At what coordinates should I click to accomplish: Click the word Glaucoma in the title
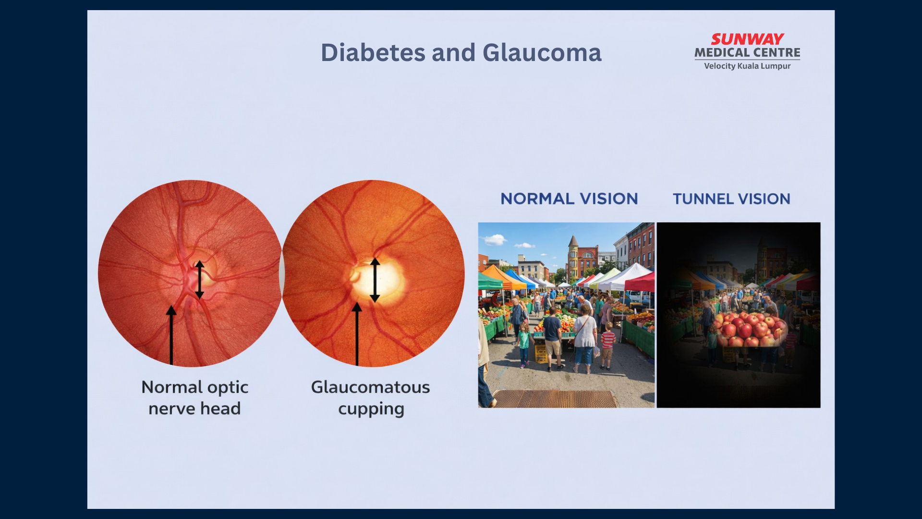(542, 52)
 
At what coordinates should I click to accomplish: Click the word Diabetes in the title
(373, 52)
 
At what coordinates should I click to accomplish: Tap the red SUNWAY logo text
(747, 39)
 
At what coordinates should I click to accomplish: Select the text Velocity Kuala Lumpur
(747, 66)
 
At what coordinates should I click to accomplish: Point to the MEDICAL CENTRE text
(747, 52)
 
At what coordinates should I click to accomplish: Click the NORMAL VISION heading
(569, 198)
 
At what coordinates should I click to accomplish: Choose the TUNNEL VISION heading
(731, 198)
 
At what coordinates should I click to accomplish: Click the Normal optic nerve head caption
(194, 398)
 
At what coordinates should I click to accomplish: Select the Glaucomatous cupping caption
(371, 398)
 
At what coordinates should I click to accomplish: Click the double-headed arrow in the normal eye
(200, 280)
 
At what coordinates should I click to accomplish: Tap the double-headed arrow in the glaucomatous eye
(375, 280)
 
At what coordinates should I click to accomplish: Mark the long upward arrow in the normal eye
(171, 335)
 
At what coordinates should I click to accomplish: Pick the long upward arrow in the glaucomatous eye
(357, 334)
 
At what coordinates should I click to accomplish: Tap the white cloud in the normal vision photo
(495, 239)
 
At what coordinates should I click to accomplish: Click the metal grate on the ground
(555, 398)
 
